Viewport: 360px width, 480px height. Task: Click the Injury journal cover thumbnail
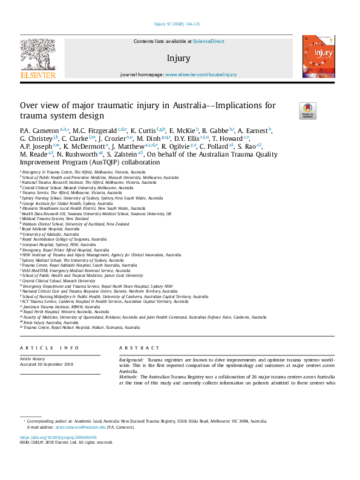[x=319, y=56]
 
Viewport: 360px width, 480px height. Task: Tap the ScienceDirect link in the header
[x=209, y=41]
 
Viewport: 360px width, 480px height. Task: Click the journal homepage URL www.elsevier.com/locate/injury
[x=201, y=74]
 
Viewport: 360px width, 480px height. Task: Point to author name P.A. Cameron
[x=39, y=130]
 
